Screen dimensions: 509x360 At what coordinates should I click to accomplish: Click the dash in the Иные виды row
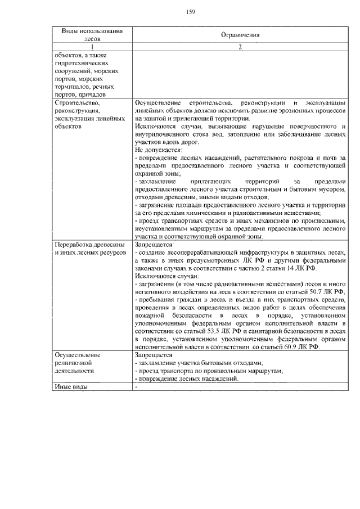coord(137,387)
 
